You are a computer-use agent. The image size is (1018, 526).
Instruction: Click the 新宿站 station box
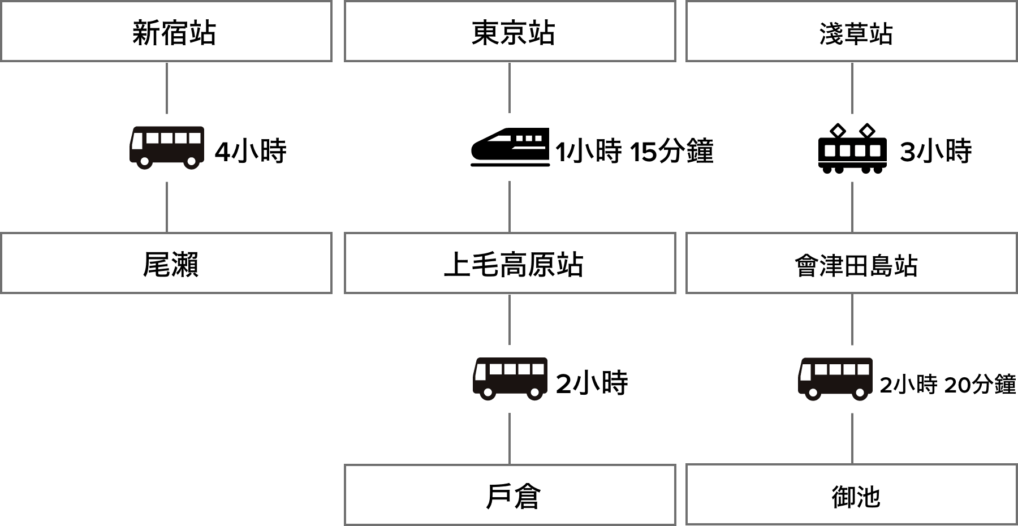166,32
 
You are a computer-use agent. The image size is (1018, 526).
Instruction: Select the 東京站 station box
510,32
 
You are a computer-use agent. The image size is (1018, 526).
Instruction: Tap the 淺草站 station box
851,32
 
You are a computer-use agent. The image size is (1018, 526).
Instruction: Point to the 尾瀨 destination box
166,264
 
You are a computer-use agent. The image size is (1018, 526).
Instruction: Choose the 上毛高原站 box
510,264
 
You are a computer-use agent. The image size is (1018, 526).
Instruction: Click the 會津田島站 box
851,264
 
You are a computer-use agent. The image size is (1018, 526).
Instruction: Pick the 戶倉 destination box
510,495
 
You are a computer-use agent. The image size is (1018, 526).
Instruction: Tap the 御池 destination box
851,495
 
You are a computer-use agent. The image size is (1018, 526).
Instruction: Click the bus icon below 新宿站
167,148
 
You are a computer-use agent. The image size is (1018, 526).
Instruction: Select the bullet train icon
510,147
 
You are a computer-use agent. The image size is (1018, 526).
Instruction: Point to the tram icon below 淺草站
852,148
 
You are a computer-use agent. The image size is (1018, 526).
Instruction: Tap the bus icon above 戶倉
510,379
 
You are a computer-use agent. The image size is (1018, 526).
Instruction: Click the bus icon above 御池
835,379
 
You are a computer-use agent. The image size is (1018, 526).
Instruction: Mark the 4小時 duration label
251,152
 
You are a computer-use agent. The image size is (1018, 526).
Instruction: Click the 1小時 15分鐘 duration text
635,152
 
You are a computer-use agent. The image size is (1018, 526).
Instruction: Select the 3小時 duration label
936,152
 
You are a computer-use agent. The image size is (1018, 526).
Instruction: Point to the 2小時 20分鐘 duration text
948,385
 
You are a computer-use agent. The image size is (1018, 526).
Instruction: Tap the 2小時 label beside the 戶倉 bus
592,383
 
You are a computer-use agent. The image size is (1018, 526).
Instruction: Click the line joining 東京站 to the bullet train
510,88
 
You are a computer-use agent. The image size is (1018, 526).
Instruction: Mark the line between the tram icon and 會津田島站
852,207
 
